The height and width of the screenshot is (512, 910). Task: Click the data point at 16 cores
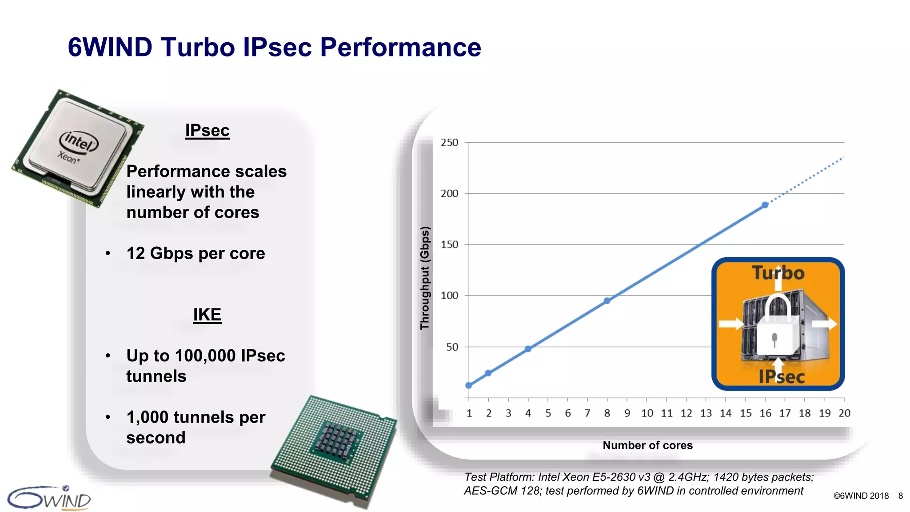(x=765, y=205)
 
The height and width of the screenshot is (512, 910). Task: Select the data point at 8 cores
(x=607, y=301)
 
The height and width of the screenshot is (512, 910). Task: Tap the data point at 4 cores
(x=528, y=349)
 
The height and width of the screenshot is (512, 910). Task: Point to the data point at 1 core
(x=469, y=385)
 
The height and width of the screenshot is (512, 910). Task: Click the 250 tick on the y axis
(x=449, y=143)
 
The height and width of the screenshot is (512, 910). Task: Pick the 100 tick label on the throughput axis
(x=449, y=296)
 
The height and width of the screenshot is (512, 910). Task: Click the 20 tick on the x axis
(x=844, y=413)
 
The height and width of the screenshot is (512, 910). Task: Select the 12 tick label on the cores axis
(x=686, y=413)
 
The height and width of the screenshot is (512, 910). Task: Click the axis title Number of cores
(x=647, y=445)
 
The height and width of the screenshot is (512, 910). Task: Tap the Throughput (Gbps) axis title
(x=425, y=278)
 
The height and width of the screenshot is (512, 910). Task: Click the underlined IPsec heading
(x=208, y=131)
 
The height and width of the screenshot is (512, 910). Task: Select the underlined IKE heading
(x=207, y=315)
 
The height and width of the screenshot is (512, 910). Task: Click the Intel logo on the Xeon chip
(x=79, y=142)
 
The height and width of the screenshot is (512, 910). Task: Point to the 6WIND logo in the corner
(x=49, y=498)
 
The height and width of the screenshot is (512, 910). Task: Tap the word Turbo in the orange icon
(x=778, y=273)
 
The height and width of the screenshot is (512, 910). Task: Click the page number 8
(x=901, y=496)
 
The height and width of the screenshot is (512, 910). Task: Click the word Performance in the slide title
(x=400, y=47)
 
